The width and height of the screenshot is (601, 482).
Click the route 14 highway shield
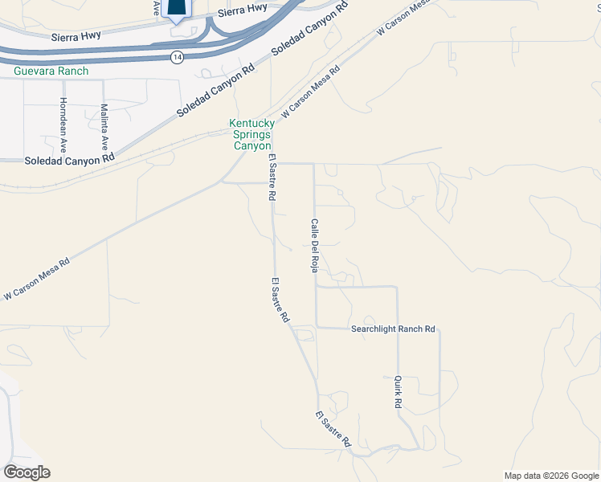tap(176, 57)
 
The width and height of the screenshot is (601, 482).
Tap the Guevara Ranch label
tap(51, 71)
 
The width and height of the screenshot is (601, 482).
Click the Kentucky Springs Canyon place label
tap(252, 135)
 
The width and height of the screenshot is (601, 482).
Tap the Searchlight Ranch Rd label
tap(393, 329)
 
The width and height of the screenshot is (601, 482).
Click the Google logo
tap(27, 472)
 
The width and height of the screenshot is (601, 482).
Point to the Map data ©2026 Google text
tap(550, 476)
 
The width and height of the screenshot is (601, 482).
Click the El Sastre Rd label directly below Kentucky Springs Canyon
tap(273, 178)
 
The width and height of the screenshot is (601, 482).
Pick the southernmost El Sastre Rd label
tap(333, 429)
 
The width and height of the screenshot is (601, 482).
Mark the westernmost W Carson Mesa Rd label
tap(37, 280)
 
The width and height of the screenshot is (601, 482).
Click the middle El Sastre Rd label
tap(280, 300)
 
